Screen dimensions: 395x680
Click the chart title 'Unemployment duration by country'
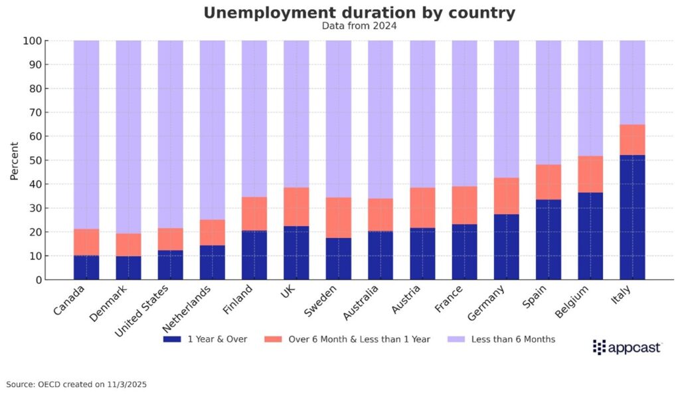click(359, 13)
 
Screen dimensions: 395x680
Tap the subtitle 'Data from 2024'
click(359, 26)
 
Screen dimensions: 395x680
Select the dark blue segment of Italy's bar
click(632, 217)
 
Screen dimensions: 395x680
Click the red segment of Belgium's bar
click(590, 174)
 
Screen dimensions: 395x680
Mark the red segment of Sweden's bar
click(338, 217)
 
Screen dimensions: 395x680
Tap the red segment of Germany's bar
click(506, 196)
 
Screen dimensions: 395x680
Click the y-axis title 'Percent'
click(15, 160)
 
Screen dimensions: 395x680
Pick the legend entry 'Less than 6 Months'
click(505, 339)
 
